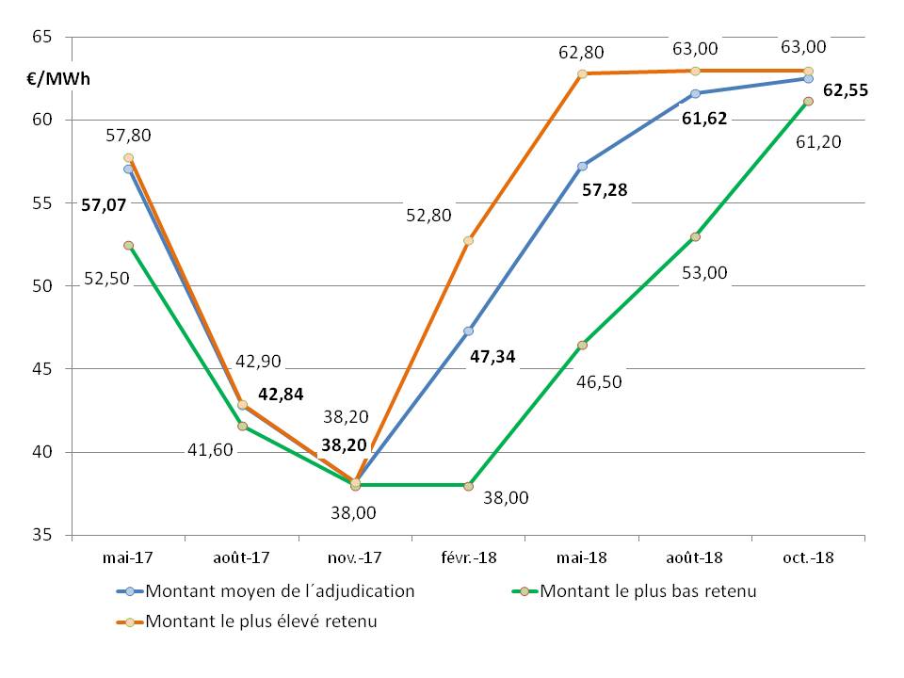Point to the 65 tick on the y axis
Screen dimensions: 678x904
point(42,37)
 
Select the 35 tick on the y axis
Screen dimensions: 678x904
point(42,535)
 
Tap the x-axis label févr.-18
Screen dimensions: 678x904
point(468,557)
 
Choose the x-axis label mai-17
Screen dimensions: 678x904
point(128,557)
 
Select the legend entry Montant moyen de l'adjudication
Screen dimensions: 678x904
point(280,591)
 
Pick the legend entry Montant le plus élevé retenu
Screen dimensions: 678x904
point(261,621)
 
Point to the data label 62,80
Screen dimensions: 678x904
point(581,53)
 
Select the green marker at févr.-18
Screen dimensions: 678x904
point(468,486)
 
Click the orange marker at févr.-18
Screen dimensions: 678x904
point(468,240)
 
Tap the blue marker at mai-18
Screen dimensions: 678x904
point(582,166)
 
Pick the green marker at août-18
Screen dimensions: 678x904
point(695,236)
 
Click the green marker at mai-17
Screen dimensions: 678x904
point(128,245)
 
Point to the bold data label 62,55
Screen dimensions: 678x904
point(845,91)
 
